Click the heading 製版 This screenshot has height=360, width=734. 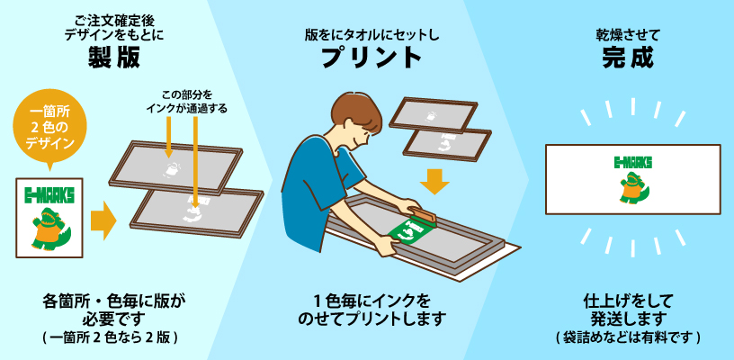[113, 58]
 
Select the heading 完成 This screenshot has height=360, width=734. [628, 58]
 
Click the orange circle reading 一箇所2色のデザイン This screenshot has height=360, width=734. [50, 130]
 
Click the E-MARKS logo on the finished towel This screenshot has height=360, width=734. [632, 162]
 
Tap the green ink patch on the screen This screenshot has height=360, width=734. [409, 230]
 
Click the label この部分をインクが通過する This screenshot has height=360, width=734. [186, 103]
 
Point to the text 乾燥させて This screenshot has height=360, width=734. [627, 34]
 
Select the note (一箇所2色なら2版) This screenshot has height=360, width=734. [111, 337]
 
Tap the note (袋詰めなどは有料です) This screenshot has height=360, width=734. [628, 337]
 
